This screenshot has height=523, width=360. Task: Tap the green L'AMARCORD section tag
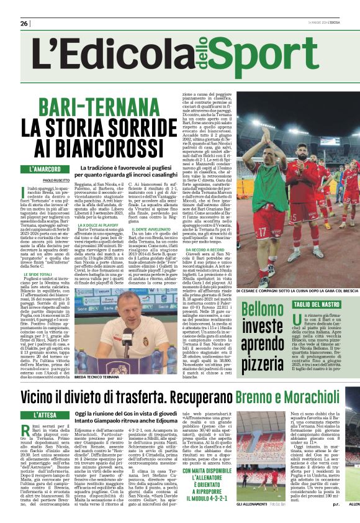49,169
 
